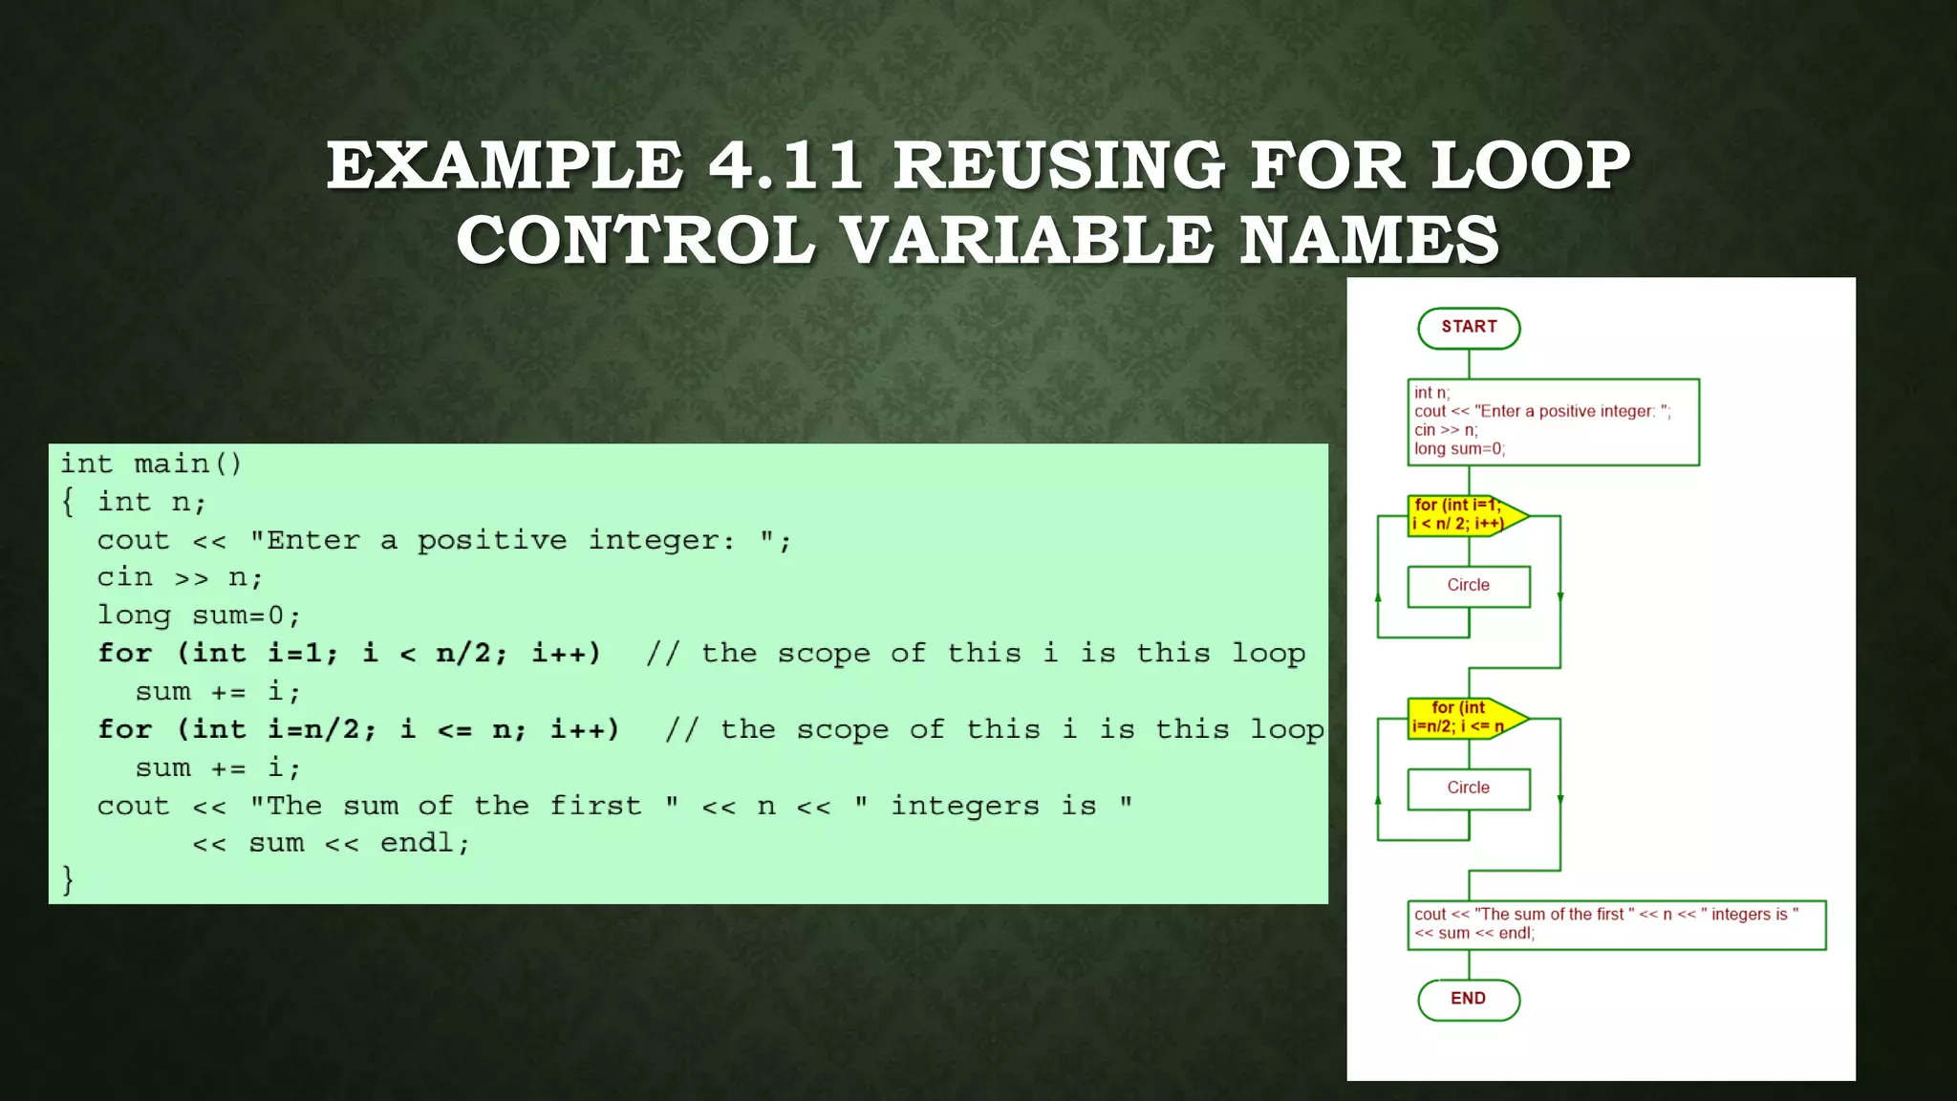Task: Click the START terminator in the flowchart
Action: point(1469,328)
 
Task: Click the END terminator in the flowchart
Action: point(1469,1000)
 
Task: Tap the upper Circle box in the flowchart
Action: point(1469,586)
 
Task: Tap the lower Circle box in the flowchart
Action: point(1469,788)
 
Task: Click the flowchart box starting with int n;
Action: point(1553,421)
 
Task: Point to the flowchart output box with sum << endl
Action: point(1616,924)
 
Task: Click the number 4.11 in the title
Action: point(785,165)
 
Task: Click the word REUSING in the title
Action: point(1059,165)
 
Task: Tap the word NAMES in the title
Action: point(1369,240)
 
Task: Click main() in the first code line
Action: point(188,464)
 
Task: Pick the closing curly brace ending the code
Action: point(68,879)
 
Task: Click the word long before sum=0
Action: point(134,615)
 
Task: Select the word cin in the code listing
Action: point(124,577)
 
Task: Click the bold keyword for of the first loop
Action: point(124,654)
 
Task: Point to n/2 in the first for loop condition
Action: point(462,654)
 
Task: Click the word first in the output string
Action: point(594,806)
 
